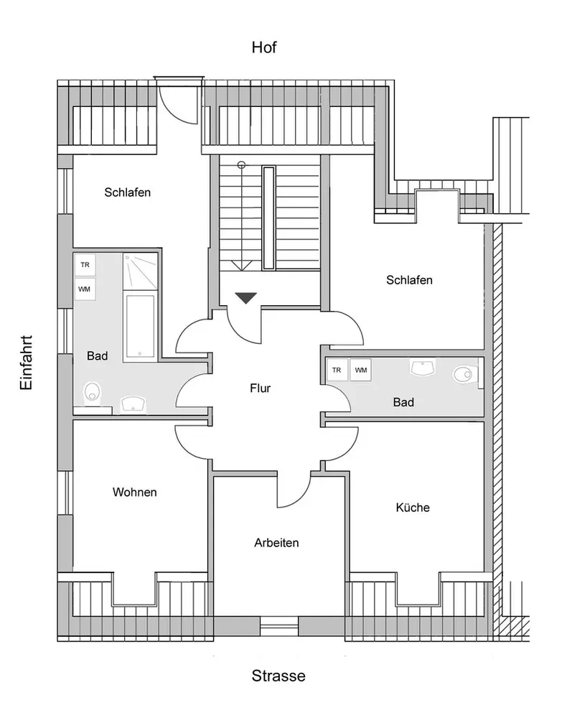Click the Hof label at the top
263,48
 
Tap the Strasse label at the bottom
278,676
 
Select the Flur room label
260,388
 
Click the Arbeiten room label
276,543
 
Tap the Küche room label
413,508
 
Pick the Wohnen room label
134,493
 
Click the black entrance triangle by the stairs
245,297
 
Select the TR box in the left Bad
85,266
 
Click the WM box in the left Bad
85,289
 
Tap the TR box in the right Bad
337,370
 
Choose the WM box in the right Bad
361,370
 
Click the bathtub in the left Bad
141,326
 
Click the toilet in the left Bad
91,393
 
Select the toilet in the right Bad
466,373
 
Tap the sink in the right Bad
423,368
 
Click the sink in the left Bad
133,404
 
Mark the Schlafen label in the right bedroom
409,280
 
